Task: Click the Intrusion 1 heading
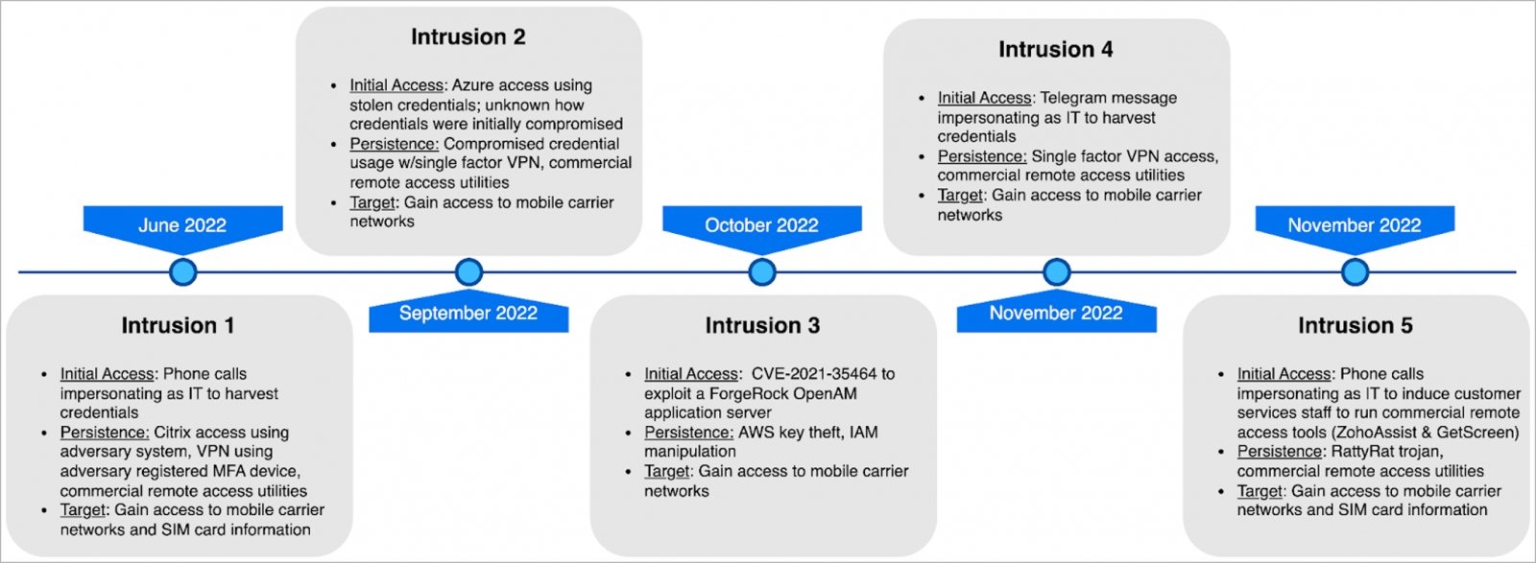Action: coord(178,325)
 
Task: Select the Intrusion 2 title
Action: coord(468,37)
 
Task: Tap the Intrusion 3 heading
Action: coord(762,325)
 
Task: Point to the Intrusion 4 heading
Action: coord(1056,49)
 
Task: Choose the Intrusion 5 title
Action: coord(1356,325)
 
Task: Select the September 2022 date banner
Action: coord(468,311)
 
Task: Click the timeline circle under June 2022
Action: coord(183,272)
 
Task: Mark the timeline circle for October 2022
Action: coord(762,272)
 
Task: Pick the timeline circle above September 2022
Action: coord(469,272)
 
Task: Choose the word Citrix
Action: coord(174,433)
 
